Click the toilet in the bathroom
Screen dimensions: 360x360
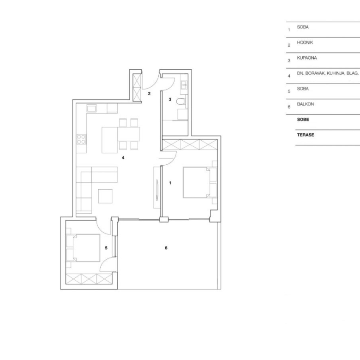[x=181, y=102]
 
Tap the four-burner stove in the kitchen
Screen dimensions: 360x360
[x=81, y=139]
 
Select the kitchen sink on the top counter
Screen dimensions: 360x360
[x=91, y=108]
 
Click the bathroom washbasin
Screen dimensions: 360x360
[x=184, y=85]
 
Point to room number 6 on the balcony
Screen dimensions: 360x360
[x=166, y=248]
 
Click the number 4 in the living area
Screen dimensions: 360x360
[x=123, y=158]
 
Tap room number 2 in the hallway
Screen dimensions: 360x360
[x=149, y=93]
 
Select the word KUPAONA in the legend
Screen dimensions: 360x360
[x=307, y=58]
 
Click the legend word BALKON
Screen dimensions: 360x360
[x=306, y=104]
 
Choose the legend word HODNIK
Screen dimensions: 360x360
[x=305, y=42]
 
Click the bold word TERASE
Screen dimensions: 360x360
[x=306, y=135]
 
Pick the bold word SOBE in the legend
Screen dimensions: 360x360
[x=303, y=120]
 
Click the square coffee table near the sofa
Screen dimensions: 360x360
[x=105, y=196]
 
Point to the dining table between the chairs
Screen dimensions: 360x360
[x=129, y=134]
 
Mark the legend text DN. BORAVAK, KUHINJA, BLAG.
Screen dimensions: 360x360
[x=328, y=73]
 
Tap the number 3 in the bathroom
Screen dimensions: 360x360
[x=170, y=99]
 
